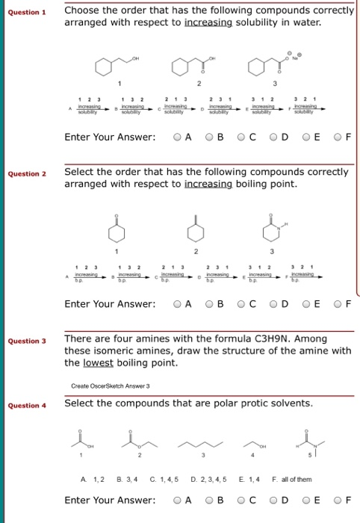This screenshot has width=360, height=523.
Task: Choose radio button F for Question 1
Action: tap(338, 137)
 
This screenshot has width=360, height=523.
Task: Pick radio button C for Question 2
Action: tap(241, 304)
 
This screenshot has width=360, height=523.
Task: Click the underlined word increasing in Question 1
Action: tap(210, 22)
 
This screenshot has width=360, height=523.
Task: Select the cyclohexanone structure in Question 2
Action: tap(117, 232)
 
